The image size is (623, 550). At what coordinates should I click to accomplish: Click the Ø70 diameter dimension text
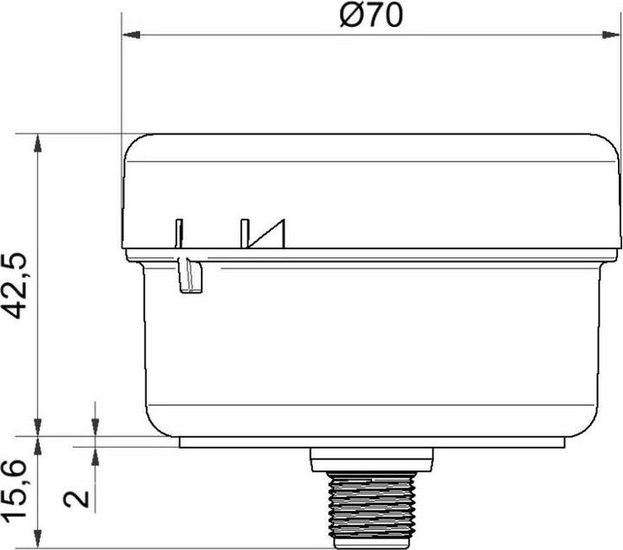pyautogui.click(x=371, y=16)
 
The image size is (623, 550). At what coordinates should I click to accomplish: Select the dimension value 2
pyautogui.click(x=77, y=498)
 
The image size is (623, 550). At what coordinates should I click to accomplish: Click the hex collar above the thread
pyautogui.click(x=371, y=460)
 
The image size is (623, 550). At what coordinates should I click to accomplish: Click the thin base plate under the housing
pyautogui.click(x=371, y=442)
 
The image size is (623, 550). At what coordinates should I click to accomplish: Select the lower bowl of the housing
pyautogui.click(x=371, y=346)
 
